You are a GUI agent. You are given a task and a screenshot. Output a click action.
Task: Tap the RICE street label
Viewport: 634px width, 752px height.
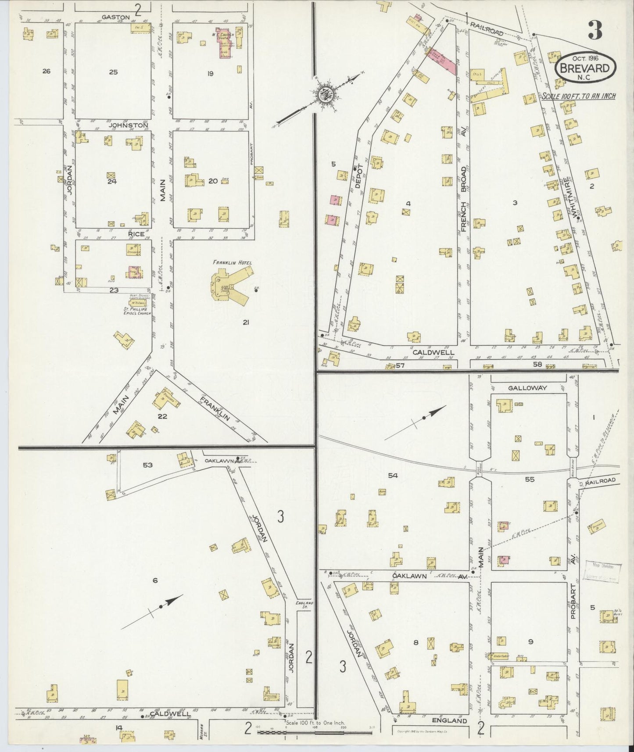136,234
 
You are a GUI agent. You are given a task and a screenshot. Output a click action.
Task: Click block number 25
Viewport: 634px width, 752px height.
113,72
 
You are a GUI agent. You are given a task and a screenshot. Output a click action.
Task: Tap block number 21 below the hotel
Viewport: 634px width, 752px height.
246,322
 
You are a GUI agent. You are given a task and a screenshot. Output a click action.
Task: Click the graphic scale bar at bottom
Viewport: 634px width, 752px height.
314,732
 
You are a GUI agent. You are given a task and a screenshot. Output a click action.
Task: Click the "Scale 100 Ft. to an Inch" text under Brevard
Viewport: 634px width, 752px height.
578,96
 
